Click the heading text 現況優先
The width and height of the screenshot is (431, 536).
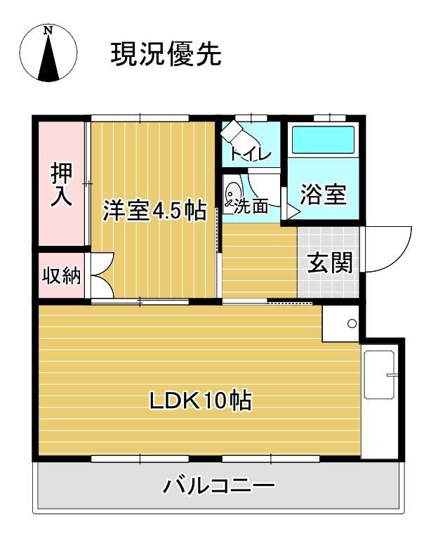[x=166, y=54]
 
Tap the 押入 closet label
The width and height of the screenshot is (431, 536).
[x=61, y=185]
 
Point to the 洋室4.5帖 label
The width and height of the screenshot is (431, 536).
[x=154, y=211]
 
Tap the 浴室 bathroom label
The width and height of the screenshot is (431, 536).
[x=323, y=195]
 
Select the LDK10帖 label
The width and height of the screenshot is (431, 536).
[x=200, y=401]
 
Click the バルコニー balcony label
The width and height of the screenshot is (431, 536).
[x=219, y=485]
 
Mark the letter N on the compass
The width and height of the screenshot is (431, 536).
[x=48, y=30]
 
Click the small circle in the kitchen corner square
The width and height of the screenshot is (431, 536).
[x=352, y=324]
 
